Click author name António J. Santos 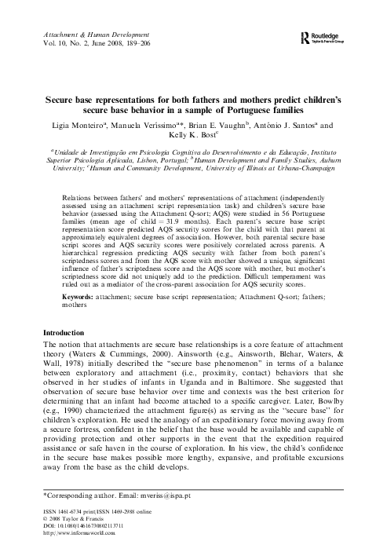tap(287, 125)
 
